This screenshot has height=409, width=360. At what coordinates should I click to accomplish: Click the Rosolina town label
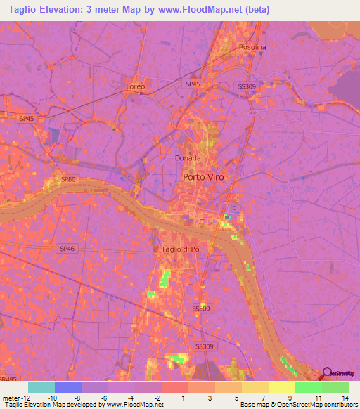tap(252, 47)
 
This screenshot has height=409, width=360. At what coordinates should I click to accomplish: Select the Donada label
tap(188, 158)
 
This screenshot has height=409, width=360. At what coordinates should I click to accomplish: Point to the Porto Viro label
tap(203, 177)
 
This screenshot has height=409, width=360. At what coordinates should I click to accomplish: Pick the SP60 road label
tap(68, 179)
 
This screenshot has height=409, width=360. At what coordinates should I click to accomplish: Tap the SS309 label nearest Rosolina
tap(247, 86)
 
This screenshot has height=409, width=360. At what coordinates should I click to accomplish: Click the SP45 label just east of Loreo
tap(193, 84)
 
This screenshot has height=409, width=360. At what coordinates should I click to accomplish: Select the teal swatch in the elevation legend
tap(41, 387)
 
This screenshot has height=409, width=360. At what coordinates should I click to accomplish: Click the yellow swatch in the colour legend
tap(281, 387)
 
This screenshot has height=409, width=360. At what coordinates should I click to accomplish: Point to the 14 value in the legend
tap(345, 396)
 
